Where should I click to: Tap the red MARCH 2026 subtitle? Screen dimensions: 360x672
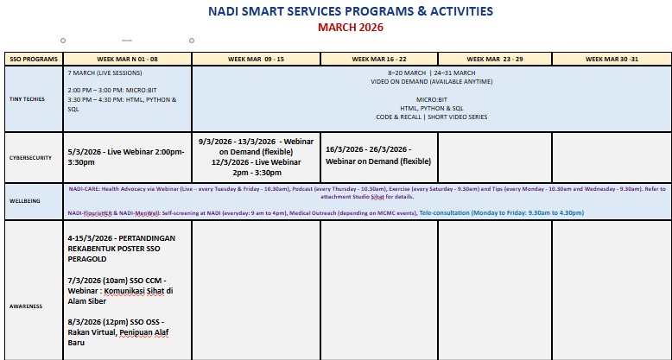click(351, 28)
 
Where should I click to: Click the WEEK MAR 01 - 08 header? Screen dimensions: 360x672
click(128, 59)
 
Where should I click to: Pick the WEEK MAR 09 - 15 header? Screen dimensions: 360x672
click(256, 59)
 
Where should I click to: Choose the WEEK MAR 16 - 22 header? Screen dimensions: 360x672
click(379, 59)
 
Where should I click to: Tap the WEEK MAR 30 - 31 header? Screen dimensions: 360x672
click(611, 59)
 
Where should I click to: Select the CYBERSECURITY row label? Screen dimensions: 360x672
click(30, 158)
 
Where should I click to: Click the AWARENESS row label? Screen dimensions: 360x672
click(27, 306)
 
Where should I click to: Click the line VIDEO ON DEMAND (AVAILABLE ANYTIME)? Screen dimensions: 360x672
click(431, 81)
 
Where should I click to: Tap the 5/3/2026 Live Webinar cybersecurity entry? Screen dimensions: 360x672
click(125, 156)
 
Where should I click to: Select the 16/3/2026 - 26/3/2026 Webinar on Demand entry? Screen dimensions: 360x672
click(378, 155)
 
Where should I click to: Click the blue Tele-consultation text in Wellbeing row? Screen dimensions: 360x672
click(501, 212)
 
